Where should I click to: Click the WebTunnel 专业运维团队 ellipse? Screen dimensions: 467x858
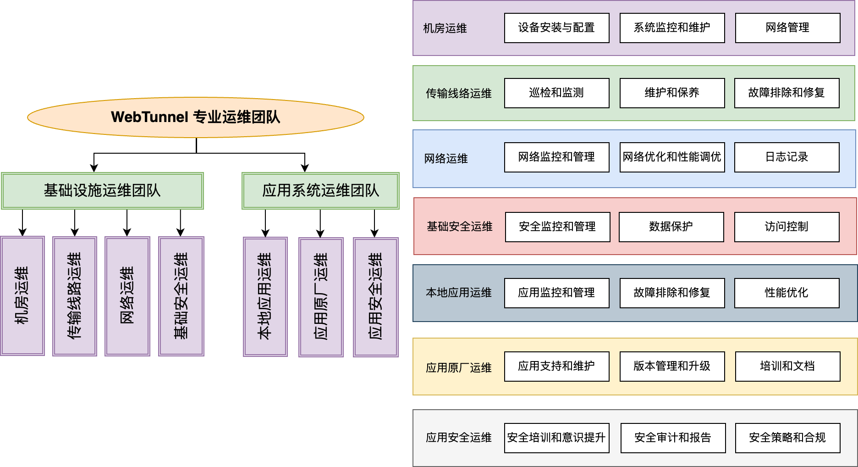pos(196,117)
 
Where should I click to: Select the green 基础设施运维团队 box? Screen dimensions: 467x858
pos(102,190)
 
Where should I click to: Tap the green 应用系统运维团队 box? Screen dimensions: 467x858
pos(320,190)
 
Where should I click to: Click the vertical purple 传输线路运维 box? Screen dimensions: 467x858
pos(75,296)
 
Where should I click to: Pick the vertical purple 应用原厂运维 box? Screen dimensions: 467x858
pos(321,297)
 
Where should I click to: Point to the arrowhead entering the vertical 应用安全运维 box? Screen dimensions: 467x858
pos(374,233)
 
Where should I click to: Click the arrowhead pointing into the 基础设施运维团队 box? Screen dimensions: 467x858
pos(94,168)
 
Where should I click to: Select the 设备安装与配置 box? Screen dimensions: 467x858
pos(556,28)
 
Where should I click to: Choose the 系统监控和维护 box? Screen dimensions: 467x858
pos(672,28)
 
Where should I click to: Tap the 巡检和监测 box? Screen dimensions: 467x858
pos(556,93)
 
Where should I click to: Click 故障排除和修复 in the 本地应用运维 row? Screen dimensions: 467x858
pos(672,293)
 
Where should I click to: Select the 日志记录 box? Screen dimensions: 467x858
pos(786,157)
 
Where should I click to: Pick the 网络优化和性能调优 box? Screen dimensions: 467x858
pos(672,157)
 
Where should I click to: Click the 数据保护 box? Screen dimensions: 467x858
pos(671,227)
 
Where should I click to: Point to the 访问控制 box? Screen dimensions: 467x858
pos(786,227)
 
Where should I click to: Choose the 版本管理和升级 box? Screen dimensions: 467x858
pos(672,366)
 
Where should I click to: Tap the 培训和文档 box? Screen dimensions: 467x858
pos(787,366)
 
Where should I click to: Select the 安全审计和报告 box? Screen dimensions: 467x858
pos(673,438)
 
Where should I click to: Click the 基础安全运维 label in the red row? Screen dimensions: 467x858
pos(459,227)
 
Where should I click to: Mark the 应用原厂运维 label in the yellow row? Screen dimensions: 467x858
pos(458,368)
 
